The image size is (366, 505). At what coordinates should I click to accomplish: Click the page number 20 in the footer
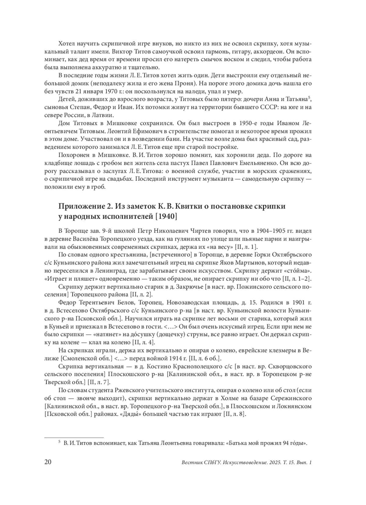click(48, 462)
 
